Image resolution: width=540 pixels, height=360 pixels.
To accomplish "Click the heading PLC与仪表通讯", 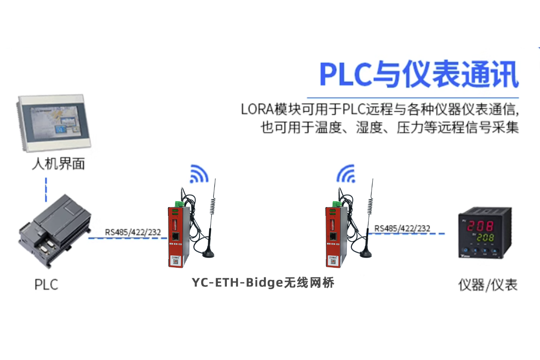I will (x=419, y=75).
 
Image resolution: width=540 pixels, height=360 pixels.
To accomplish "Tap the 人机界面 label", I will (x=58, y=163).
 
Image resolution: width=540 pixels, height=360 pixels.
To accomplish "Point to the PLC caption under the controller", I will (x=46, y=284).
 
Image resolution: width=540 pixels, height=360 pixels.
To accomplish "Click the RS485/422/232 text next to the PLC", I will (x=133, y=232).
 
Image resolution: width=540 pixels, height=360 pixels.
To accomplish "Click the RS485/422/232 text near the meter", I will (x=402, y=229).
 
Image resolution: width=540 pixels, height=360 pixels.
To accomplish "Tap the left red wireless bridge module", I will (x=176, y=237).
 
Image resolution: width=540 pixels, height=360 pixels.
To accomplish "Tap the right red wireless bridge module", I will (x=333, y=237).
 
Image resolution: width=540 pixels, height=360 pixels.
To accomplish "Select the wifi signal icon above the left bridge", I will (x=199, y=174).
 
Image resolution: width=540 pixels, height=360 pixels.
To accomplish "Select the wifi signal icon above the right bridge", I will (x=346, y=173).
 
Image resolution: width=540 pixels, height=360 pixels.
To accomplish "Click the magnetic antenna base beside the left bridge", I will (x=209, y=254).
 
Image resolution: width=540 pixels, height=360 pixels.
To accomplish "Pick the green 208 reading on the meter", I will (x=485, y=237).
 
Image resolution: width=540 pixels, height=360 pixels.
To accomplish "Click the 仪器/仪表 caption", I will (x=488, y=285).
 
